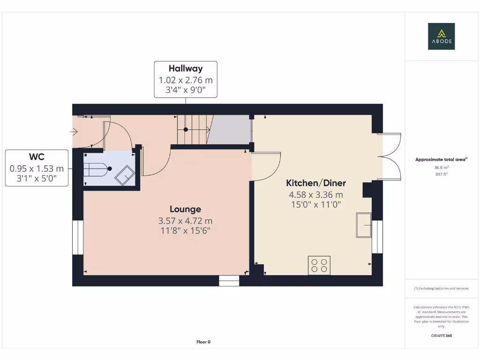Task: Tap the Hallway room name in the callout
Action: click(x=186, y=68)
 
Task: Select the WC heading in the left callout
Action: click(x=36, y=157)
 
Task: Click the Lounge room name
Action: click(x=185, y=209)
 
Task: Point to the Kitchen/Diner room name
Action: click(x=316, y=183)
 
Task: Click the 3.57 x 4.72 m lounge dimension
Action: click(x=185, y=221)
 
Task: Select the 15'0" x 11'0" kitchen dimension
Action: click(x=316, y=204)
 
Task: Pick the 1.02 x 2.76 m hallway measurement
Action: click(x=186, y=80)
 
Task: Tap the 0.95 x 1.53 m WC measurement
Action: click(x=36, y=168)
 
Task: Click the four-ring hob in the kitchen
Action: click(x=319, y=265)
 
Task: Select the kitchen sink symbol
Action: click(x=363, y=225)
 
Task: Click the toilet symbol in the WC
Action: click(x=97, y=169)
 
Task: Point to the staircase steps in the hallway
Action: click(x=192, y=130)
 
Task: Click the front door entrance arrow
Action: click(x=74, y=132)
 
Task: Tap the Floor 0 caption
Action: click(x=203, y=342)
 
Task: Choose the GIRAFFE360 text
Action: click(x=442, y=336)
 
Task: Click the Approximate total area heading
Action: click(x=441, y=160)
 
